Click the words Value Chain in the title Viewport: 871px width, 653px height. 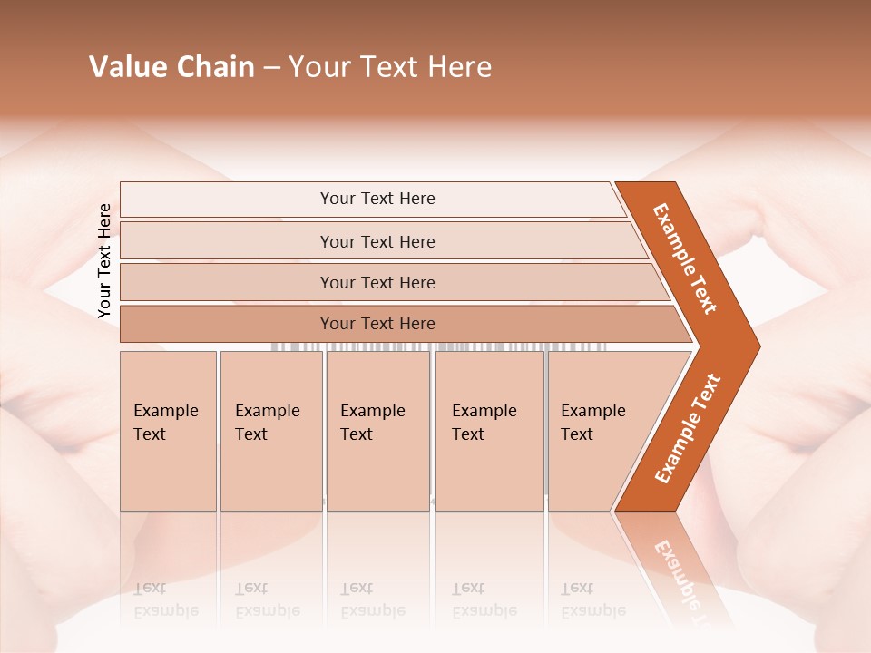(171, 67)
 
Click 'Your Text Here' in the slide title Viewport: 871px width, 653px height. (390, 67)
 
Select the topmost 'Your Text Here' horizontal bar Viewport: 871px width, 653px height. (377, 199)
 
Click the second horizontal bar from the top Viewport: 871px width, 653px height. (377, 241)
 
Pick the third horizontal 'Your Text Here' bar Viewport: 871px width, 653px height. (377, 283)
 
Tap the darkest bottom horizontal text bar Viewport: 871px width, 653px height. (377, 324)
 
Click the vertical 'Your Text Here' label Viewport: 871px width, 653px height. (104, 260)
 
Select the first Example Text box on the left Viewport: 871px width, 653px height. (168, 431)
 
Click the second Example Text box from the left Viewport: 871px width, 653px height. (270, 431)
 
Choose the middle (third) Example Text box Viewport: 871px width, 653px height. (377, 431)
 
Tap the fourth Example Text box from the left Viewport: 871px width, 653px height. (488, 431)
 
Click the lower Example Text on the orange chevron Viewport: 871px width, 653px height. (688, 428)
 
